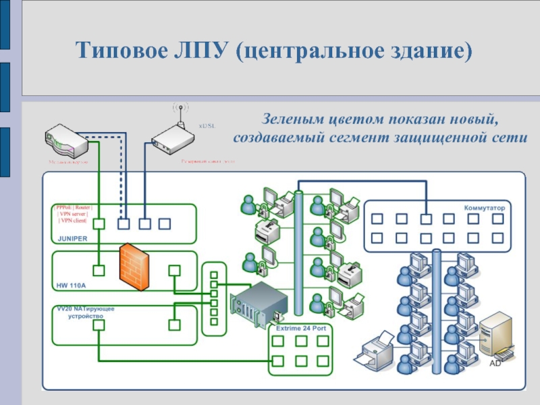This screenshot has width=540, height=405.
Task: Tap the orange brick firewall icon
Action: pos(133,267)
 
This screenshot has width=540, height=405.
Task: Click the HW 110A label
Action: pos(69,285)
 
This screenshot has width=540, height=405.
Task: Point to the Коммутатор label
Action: pos(484,208)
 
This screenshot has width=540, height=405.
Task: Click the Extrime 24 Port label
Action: pos(301,327)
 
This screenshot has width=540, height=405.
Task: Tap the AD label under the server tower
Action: pos(495,363)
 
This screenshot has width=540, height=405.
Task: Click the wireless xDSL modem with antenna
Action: pos(172,138)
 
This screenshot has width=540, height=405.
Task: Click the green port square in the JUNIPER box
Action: pos(99,223)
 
